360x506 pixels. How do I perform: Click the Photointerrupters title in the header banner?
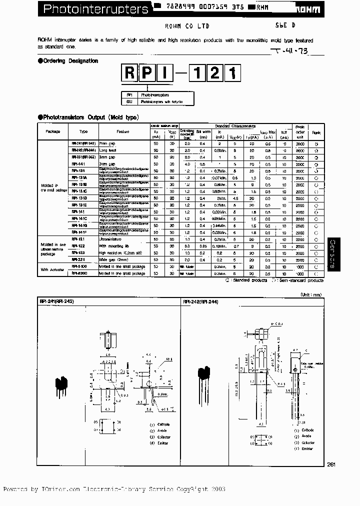(95, 8)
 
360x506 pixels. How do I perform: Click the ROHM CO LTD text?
(187, 25)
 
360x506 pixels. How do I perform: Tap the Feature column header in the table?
(123, 131)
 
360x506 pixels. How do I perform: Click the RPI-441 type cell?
(79, 163)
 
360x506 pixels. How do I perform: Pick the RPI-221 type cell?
(79, 259)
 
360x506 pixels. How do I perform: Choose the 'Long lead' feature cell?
(108, 150)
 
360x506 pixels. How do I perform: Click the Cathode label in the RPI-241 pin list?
(163, 424)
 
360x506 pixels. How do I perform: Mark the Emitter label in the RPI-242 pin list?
(307, 448)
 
